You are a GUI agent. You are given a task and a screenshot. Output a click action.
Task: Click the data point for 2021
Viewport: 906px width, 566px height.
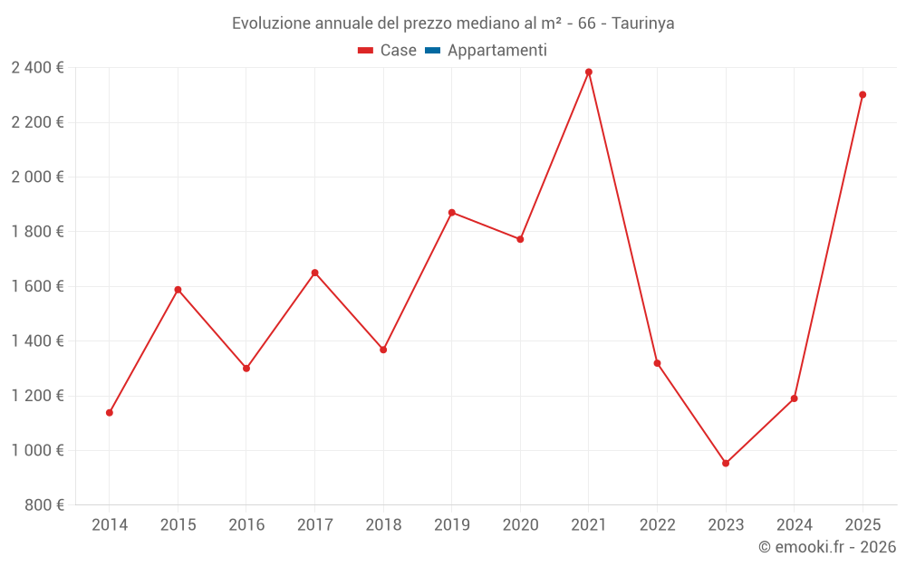coord(589,72)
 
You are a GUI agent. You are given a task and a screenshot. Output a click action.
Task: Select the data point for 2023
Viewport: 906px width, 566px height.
coord(726,464)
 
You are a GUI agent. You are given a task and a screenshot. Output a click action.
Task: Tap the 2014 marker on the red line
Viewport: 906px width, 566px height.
coord(110,413)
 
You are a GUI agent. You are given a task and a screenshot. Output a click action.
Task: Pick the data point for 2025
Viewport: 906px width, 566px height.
coord(863,95)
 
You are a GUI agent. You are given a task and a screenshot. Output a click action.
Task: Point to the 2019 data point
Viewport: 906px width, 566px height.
coord(452,213)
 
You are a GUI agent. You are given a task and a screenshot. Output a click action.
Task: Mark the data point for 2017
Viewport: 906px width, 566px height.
coord(315,273)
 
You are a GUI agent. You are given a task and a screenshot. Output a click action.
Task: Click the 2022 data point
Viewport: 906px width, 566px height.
coord(657,363)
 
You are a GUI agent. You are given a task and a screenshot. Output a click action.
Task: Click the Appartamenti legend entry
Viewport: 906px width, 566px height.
coord(496,51)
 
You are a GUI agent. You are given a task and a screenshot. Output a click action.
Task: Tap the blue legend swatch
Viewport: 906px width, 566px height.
coord(432,51)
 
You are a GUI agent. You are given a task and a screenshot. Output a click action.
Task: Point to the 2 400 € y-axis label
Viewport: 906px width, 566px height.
coord(37,68)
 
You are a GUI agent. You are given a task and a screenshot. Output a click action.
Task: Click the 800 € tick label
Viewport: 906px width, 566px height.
coord(44,505)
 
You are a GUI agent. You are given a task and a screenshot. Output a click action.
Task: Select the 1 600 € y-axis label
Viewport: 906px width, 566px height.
coord(37,286)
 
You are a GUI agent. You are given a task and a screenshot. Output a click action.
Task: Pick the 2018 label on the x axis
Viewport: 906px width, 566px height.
coord(383,525)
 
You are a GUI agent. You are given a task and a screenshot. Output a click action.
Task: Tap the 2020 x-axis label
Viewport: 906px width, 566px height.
coord(520,525)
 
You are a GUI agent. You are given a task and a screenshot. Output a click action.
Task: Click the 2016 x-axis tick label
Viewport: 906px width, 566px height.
coord(246,525)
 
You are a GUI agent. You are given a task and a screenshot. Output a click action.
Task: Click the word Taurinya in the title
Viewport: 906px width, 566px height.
coord(643,24)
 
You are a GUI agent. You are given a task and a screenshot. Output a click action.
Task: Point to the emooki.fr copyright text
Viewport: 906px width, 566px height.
coord(827,547)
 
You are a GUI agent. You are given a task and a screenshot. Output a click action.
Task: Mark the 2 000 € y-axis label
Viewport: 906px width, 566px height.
coord(37,177)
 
